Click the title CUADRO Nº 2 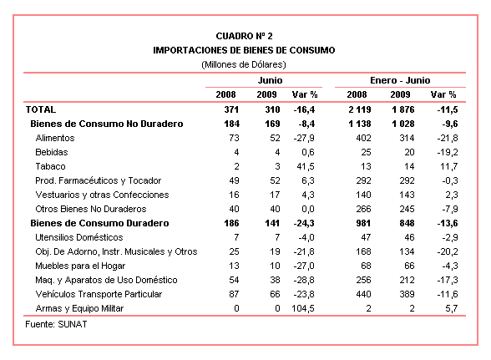click(244, 36)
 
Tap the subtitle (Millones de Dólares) click(244, 64)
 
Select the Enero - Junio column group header click(400, 80)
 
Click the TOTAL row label click(41, 109)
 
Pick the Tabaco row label click(50, 166)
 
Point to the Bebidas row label click(52, 152)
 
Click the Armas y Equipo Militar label click(79, 308)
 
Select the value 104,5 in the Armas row click(303, 308)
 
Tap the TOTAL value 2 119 click(359, 109)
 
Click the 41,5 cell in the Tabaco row click(306, 166)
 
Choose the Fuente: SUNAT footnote click(56, 324)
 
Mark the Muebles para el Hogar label click(80, 266)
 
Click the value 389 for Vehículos click(407, 294)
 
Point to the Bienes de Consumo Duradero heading click(99, 223)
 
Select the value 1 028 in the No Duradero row click(403, 124)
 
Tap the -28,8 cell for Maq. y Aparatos click(304, 280)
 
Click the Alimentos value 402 click(363, 138)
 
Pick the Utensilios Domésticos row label click(78, 237)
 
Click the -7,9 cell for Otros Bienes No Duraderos click(449, 209)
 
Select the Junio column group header click(270, 80)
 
